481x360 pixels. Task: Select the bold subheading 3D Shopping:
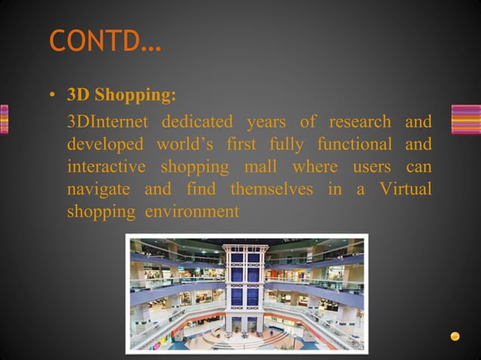tap(121, 96)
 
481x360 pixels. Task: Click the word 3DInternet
tap(109, 121)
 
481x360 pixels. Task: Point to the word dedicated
tap(198, 121)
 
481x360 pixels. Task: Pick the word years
tap(266, 121)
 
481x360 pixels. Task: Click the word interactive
tap(105, 166)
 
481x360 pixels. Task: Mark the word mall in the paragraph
tap(259, 166)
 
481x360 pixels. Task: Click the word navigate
tap(98, 189)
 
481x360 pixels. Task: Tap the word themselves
tap(271, 189)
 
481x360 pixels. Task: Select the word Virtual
tap(405, 189)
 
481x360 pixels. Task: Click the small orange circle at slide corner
tap(455, 336)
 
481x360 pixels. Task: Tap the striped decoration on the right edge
tap(465, 119)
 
